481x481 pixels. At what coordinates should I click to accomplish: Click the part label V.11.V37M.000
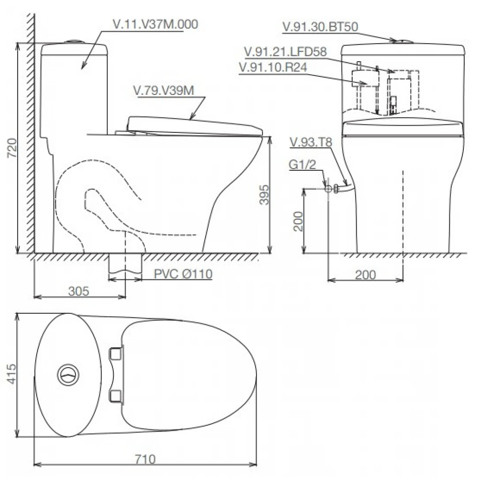tap(155, 24)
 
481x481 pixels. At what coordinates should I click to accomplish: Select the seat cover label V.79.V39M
tap(164, 90)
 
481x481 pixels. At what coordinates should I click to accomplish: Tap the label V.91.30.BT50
tap(320, 27)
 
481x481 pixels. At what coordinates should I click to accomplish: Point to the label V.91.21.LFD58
tap(285, 52)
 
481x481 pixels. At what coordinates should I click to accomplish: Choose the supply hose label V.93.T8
tap(311, 142)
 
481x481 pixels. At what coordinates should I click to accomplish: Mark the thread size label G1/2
tap(302, 165)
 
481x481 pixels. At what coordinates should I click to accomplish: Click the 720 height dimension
tap(12, 148)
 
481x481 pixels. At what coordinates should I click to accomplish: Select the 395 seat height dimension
tap(264, 195)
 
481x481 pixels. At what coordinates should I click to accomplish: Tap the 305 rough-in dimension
tap(79, 291)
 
